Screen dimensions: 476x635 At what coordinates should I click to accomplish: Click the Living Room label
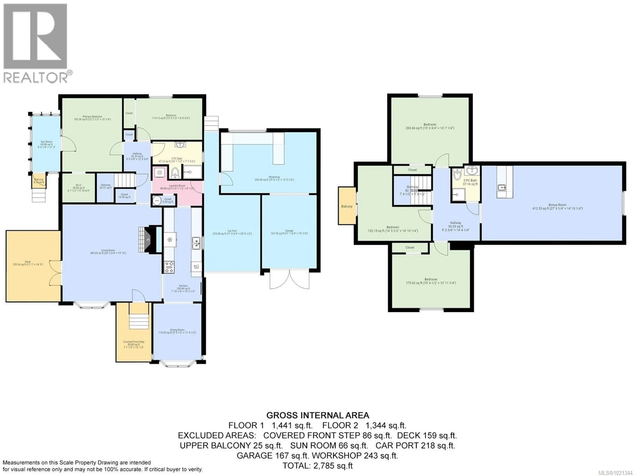click(x=108, y=252)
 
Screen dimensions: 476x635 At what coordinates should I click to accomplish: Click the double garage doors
click(x=289, y=279)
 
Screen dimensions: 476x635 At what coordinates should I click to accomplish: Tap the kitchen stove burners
click(x=169, y=267)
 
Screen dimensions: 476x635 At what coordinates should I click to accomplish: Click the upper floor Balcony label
click(x=347, y=206)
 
